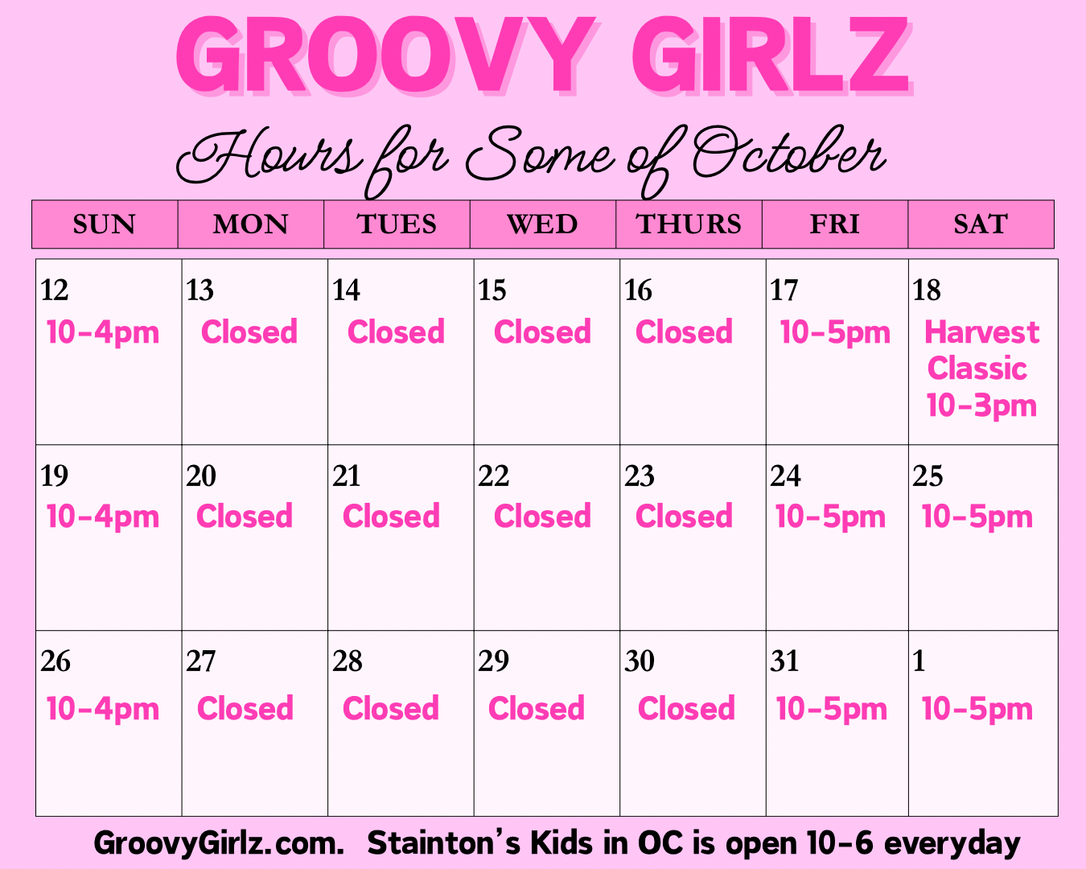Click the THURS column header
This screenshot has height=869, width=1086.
coord(689,224)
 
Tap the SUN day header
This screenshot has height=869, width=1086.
coord(105,224)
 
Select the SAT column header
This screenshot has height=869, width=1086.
coord(981,224)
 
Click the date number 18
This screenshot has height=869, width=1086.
coord(927,290)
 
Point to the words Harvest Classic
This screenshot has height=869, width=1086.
coord(981,350)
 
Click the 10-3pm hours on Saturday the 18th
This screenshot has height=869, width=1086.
coord(981,406)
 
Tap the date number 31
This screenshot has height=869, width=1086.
coord(784,661)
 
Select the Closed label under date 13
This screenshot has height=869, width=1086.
coord(249,332)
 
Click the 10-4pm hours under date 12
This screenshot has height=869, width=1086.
coord(103,333)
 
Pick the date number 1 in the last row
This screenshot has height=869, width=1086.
coord(919,661)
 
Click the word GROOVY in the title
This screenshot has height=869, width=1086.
coord(386,55)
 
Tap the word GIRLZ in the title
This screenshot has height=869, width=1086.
coord(771,55)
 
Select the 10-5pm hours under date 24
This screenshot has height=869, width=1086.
coord(830,517)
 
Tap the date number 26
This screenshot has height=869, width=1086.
coord(56,661)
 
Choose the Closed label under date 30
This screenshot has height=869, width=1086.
coord(686,708)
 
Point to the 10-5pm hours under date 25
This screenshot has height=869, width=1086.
coord(977,517)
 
